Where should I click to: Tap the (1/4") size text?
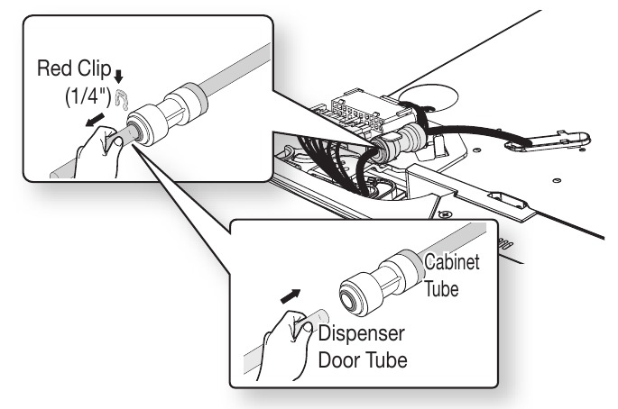(x=88, y=96)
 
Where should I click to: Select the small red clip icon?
(x=122, y=98)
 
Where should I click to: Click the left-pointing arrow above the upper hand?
(x=95, y=120)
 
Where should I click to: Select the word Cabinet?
(x=452, y=262)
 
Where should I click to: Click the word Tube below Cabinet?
(x=441, y=289)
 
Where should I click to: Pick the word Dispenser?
(x=362, y=334)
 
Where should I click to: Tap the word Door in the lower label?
(x=340, y=360)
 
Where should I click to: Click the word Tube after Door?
(x=387, y=360)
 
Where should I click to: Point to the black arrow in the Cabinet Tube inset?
(x=291, y=296)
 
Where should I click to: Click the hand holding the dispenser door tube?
(x=288, y=346)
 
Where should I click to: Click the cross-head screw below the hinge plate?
(x=445, y=214)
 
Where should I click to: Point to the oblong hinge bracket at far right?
(x=548, y=141)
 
